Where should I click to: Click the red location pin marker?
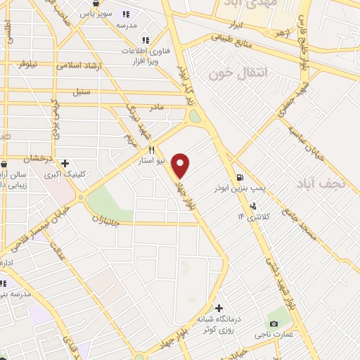tap(181, 165)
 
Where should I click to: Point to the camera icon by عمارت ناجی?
tap(273, 323)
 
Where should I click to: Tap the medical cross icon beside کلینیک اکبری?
tap(65, 163)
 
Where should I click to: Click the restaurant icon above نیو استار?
tap(150, 150)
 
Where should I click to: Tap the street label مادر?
tap(157, 107)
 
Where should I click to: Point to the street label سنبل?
tap(82, 92)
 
